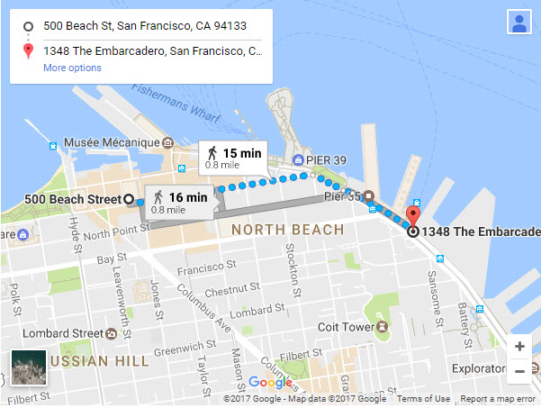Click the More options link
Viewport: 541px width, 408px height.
click(72, 68)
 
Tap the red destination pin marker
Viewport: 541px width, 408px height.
click(413, 217)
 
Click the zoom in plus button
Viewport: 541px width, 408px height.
click(519, 347)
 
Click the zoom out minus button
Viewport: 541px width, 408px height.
click(519, 371)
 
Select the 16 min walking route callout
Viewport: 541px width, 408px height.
click(178, 202)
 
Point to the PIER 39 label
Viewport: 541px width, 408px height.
click(326, 160)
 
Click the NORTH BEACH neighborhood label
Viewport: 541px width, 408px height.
click(287, 231)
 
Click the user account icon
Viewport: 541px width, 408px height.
click(519, 23)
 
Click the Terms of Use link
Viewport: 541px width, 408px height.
click(423, 399)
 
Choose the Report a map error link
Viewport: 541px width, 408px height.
click(498, 399)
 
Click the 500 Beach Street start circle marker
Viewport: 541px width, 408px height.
click(129, 198)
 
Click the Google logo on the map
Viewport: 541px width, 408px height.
click(270, 383)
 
